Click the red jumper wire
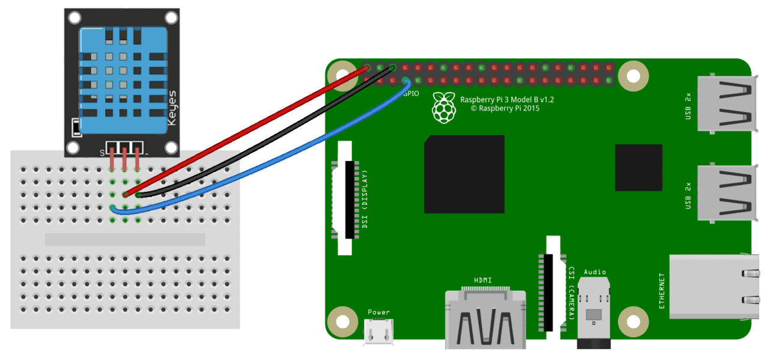[x=246, y=131]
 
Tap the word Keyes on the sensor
[x=172, y=108]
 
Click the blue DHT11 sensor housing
[x=124, y=81]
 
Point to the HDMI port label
[x=482, y=280]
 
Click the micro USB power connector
[x=378, y=331]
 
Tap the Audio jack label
[x=595, y=272]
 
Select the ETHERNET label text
[x=662, y=291]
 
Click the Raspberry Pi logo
[x=444, y=108]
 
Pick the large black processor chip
[x=464, y=174]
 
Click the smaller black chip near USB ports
[x=639, y=168]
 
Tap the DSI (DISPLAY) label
[x=365, y=199]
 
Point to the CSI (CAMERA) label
[x=571, y=293]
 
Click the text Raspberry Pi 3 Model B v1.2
[x=506, y=100]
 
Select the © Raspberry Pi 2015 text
[x=505, y=109]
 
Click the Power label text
[x=378, y=313]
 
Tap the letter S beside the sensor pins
[x=102, y=153]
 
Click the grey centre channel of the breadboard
[x=125, y=239]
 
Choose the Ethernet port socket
[x=714, y=287]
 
